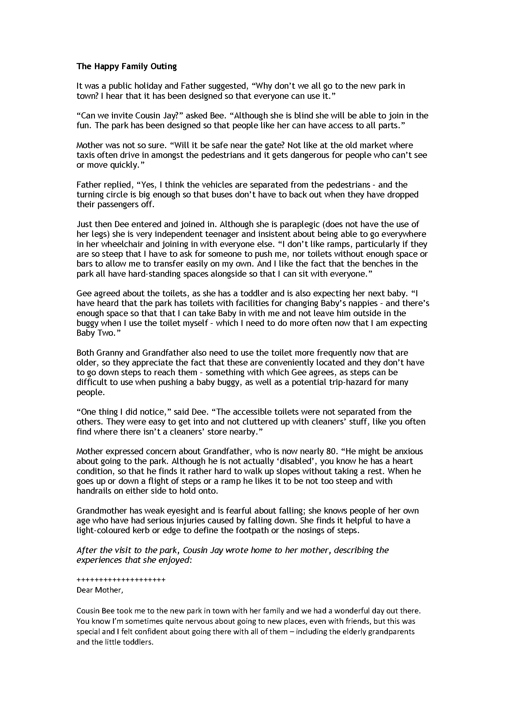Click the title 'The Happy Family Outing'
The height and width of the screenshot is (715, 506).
(x=126, y=66)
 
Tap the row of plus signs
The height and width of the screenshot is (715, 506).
(x=121, y=580)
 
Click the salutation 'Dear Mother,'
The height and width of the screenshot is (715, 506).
(x=100, y=590)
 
